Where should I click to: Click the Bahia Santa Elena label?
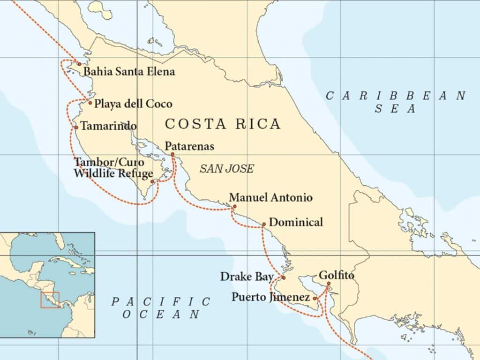click(x=129, y=72)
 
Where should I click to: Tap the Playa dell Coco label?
click(x=133, y=104)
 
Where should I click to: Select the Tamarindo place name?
click(x=108, y=126)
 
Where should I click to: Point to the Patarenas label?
click(x=189, y=146)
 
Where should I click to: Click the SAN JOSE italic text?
click(x=226, y=169)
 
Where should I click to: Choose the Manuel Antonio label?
click(x=270, y=197)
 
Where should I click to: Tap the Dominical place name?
click(x=296, y=222)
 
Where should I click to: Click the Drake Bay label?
click(x=247, y=277)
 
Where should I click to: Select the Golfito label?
click(x=336, y=276)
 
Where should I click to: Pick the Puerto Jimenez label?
click(x=270, y=297)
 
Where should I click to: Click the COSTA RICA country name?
click(x=223, y=124)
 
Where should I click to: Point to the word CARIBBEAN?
click(x=396, y=96)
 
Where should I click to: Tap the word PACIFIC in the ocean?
click(x=161, y=301)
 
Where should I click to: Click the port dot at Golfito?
click(x=328, y=283)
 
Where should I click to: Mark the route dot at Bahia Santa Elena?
click(x=79, y=64)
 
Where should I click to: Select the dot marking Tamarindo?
click(x=76, y=127)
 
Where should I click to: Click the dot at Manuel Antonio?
click(x=234, y=206)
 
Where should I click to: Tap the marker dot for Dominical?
click(x=263, y=224)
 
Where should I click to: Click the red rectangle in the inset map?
click(x=50, y=300)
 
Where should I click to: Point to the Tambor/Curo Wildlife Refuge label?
click(x=113, y=167)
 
